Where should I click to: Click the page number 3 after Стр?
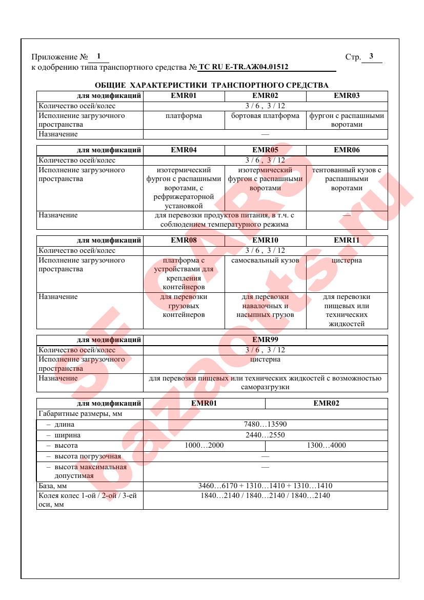pyautogui.click(x=371, y=56)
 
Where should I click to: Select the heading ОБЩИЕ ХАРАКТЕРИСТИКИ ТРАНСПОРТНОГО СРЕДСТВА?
pyautogui.click(x=212, y=85)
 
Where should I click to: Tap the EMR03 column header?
pyautogui.click(x=347, y=95)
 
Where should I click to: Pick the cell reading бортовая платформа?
pyautogui.click(x=265, y=116)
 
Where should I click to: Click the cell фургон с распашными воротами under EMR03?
pyautogui.click(x=347, y=120)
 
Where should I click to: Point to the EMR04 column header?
pyautogui.click(x=184, y=150)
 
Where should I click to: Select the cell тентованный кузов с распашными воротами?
pyautogui.click(x=347, y=179)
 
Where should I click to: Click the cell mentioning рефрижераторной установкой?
pyautogui.click(x=184, y=188)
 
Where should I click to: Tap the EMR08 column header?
pyautogui.click(x=184, y=240)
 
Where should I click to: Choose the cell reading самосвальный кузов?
pyautogui.click(x=265, y=261)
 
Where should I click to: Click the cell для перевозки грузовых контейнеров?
pyautogui.click(x=184, y=306)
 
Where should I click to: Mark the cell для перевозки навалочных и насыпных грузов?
pyautogui.click(x=265, y=306)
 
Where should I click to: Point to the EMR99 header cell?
pyautogui.click(x=265, y=339)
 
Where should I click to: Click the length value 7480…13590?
pyautogui.click(x=265, y=425)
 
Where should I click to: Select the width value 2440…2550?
pyautogui.click(x=265, y=435)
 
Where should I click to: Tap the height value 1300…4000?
pyautogui.click(x=326, y=446)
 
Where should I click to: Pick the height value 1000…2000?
pyautogui.click(x=204, y=446)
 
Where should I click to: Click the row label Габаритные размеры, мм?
pyautogui.click(x=75, y=414)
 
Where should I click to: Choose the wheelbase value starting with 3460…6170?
pyautogui.click(x=265, y=486)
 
